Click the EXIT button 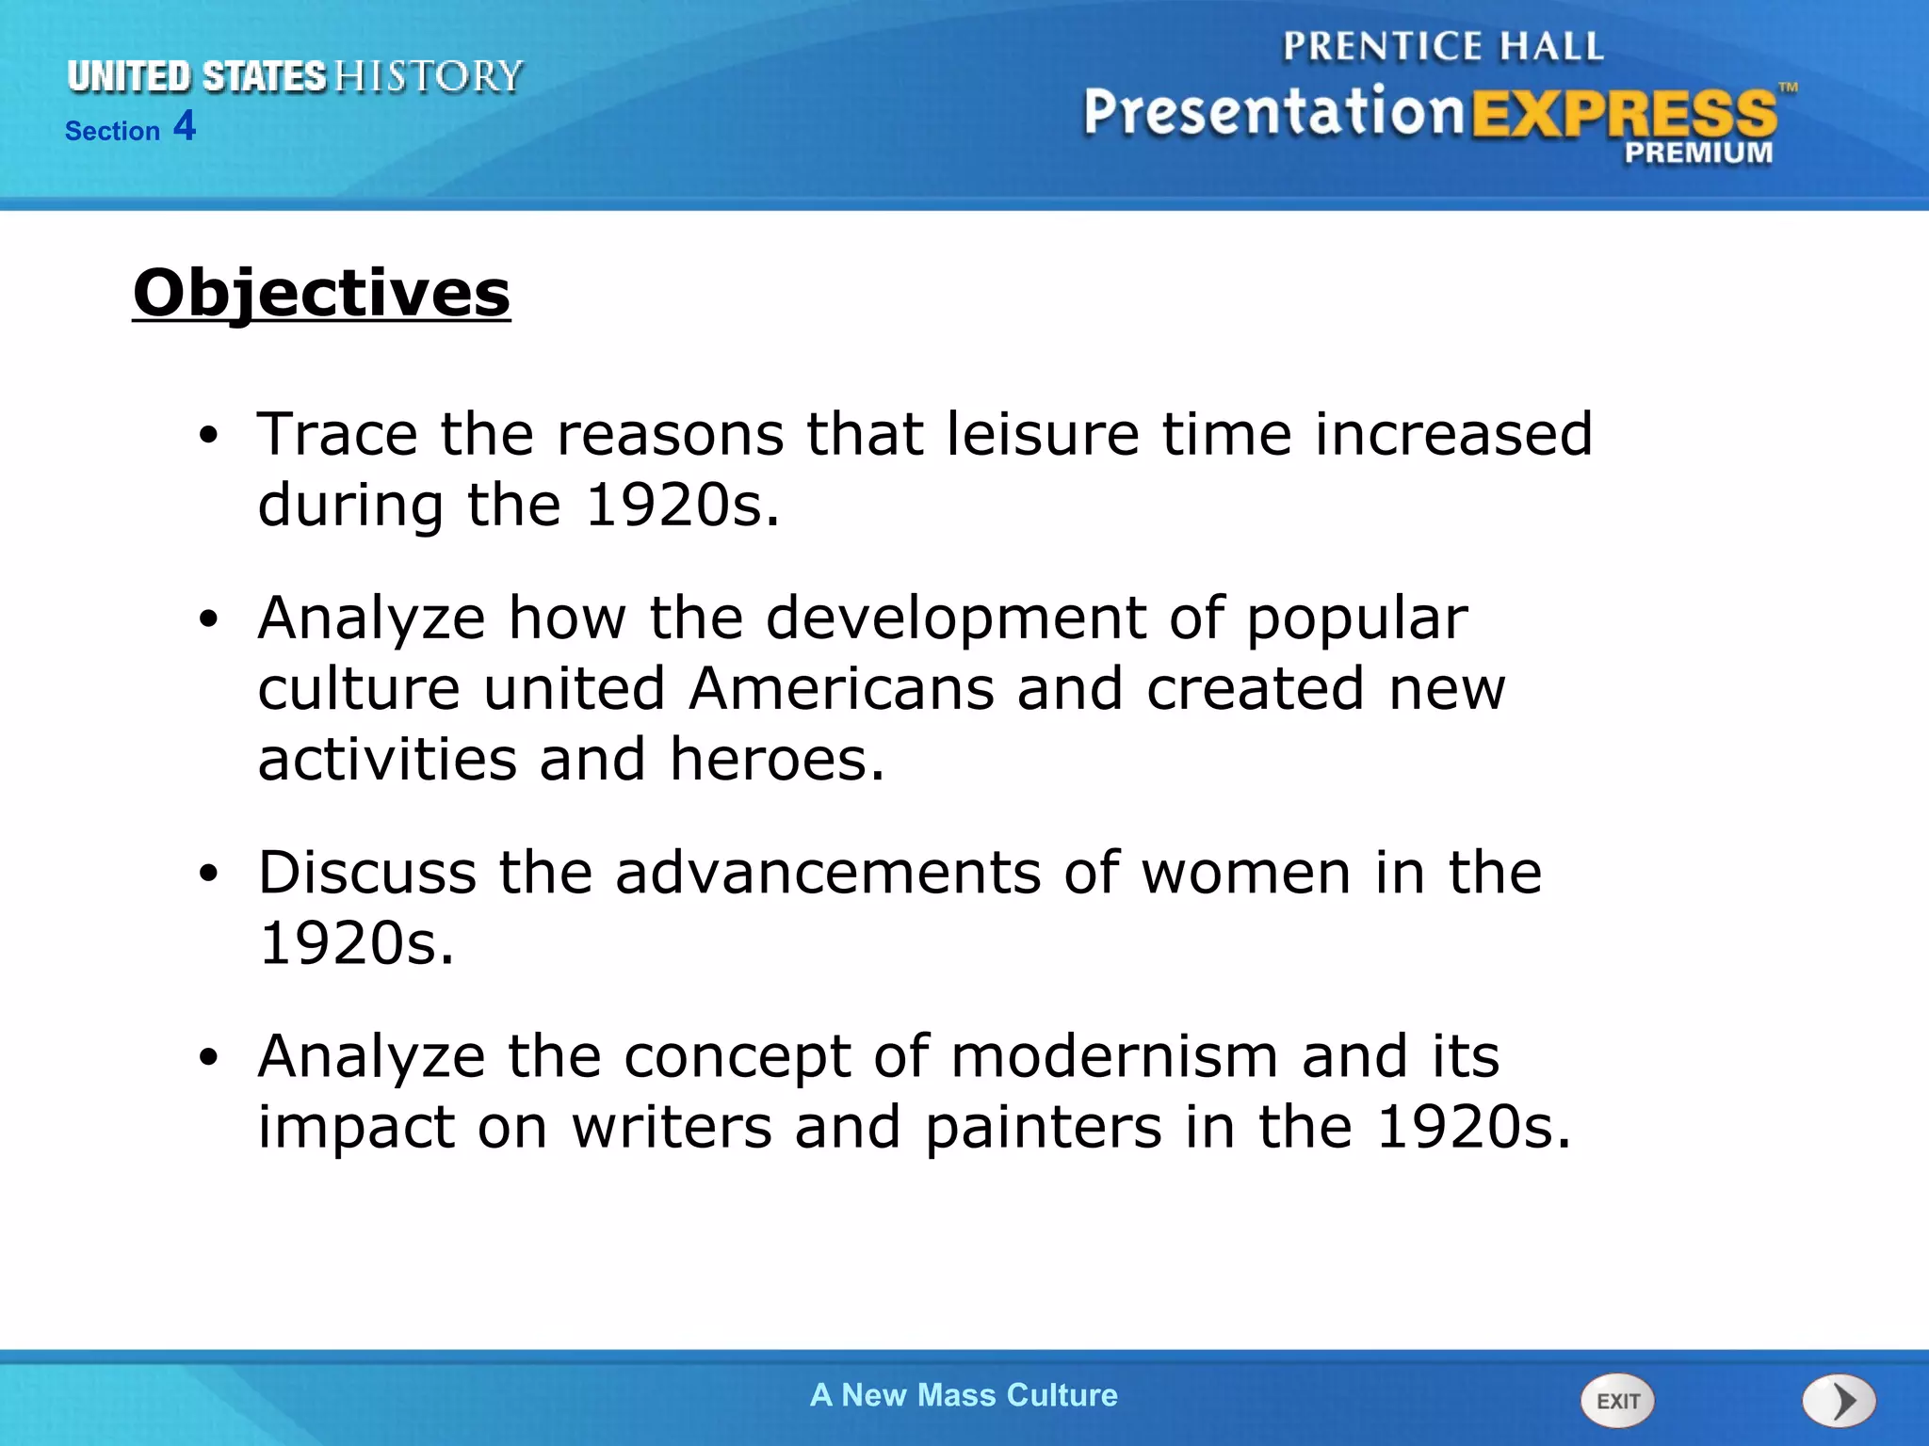pyautogui.click(x=1617, y=1401)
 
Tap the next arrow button pyautogui.click(x=1840, y=1401)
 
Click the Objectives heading pyautogui.click(x=321, y=294)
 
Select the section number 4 pyautogui.click(x=185, y=126)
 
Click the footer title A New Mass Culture pyautogui.click(x=964, y=1395)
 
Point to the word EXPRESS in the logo pyautogui.click(x=1624, y=115)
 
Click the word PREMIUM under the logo pyautogui.click(x=1698, y=153)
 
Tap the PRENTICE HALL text pyautogui.click(x=1442, y=47)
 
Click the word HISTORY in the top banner pyautogui.click(x=429, y=77)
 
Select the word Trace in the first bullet pyautogui.click(x=337, y=434)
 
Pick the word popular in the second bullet pyautogui.click(x=1357, y=619)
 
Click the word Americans pyautogui.click(x=841, y=688)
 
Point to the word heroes pyautogui.click(x=777, y=759)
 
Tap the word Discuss pyautogui.click(x=367, y=872)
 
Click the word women pyautogui.click(x=1247, y=872)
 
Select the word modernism pyautogui.click(x=1114, y=1056)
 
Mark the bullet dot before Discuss pyautogui.click(x=208, y=874)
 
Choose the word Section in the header pyautogui.click(x=112, y=131)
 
